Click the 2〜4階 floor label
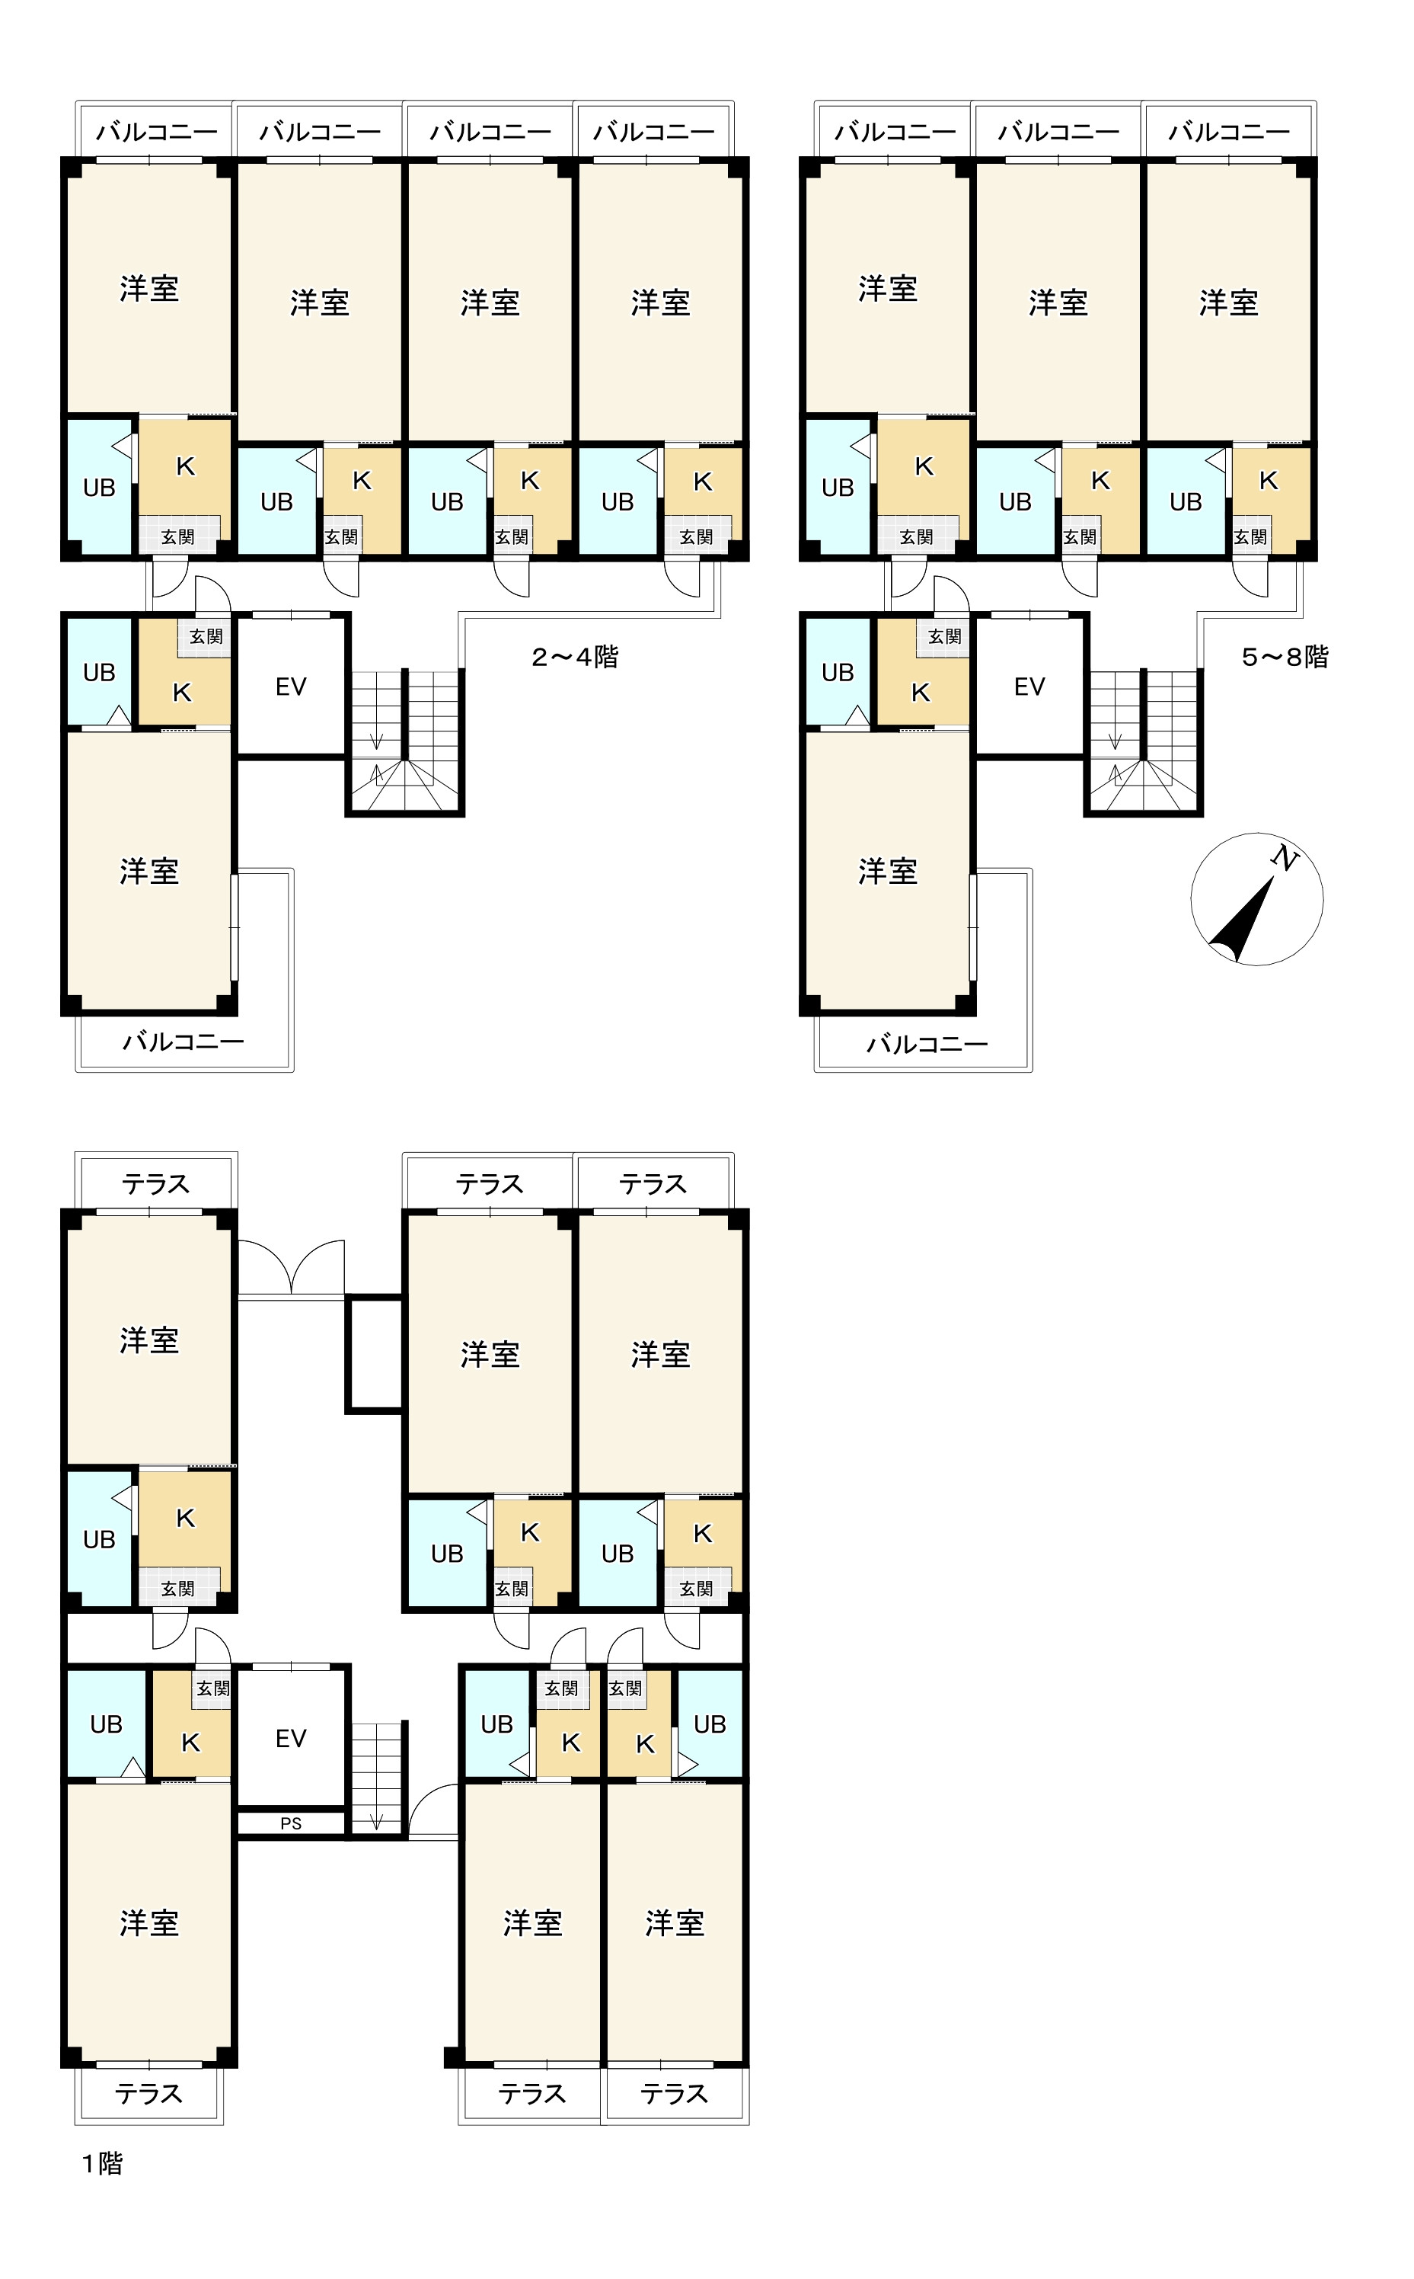[x=574, y=657]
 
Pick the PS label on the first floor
[x=291, y=1823]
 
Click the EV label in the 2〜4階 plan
[x=291, y=687]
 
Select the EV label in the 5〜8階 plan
[x=1029, y=687]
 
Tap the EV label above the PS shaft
[x=291, y=1738]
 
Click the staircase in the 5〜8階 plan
[x=1143, y=744]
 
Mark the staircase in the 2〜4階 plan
[x=405, y=744]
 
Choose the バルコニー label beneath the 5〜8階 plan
[x=926, y=1044]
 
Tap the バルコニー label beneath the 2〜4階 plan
[x=184, y=1042]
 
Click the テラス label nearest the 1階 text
[x=148, y=2094]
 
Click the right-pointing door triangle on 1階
[x=688, y=1765]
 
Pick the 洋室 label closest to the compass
[x=1228, y=303]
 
